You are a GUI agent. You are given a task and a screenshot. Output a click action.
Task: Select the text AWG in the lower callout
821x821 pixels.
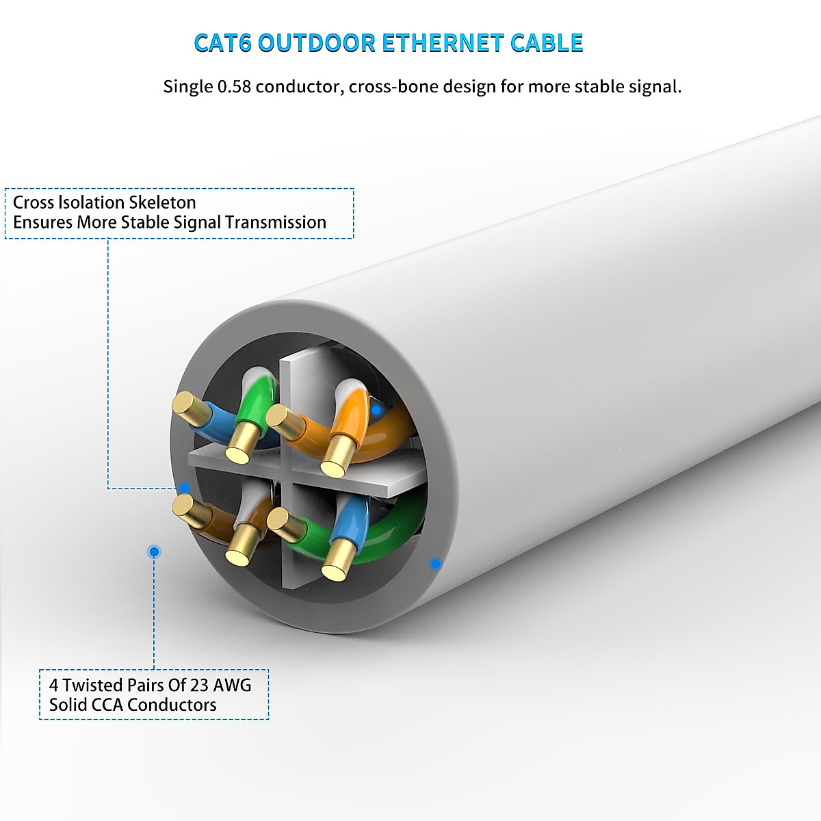coord(232,685)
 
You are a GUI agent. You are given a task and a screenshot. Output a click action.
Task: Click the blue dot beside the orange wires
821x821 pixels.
coord(376,410)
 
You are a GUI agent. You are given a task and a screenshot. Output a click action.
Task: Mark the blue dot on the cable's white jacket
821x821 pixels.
coord(434,564)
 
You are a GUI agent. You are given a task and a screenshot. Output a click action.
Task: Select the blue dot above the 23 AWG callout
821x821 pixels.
coord(154,551)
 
